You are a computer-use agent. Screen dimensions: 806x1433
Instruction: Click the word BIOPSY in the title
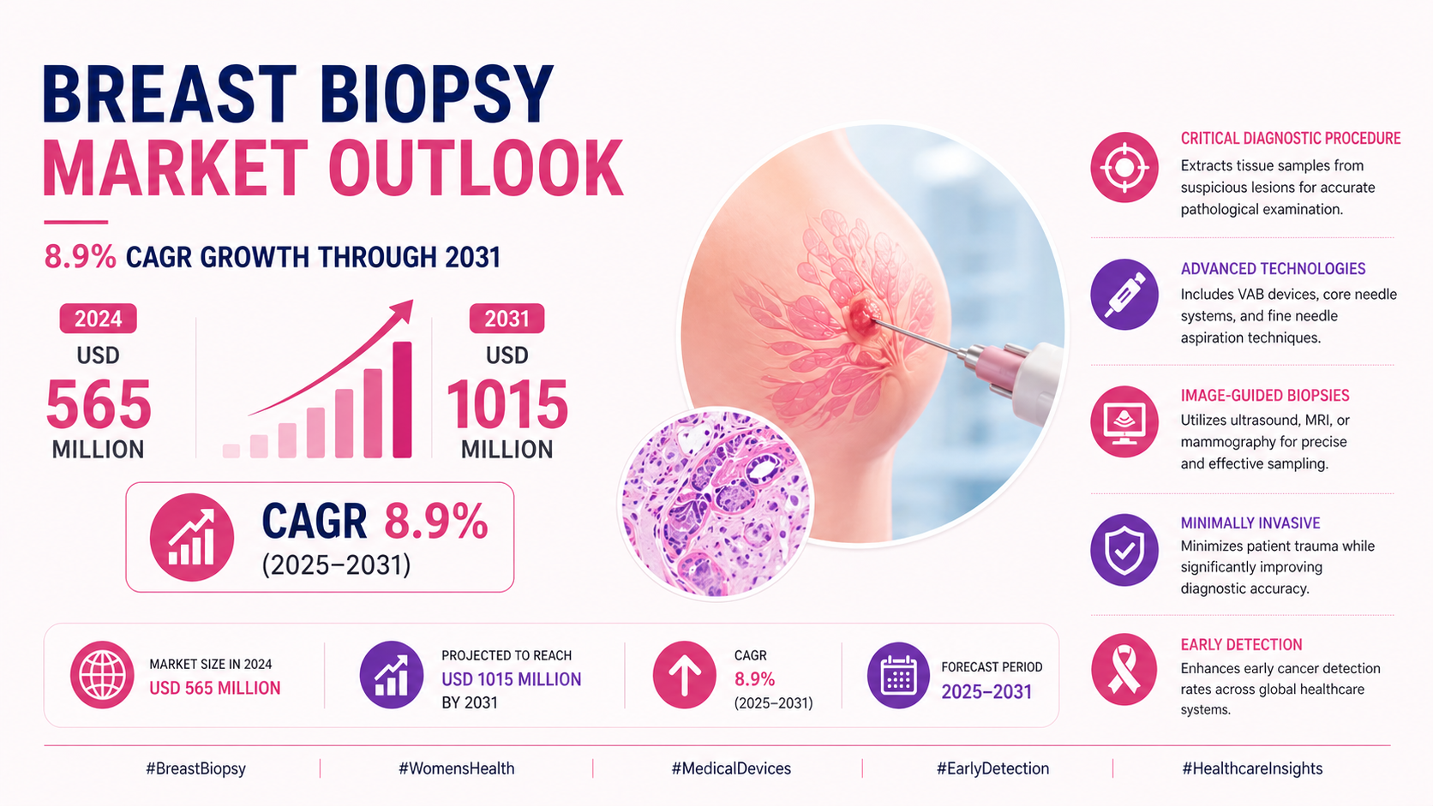coord(437,93)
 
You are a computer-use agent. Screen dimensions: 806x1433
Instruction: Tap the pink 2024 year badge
coord(98,319)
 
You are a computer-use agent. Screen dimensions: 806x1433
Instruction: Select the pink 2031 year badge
coord(507,319)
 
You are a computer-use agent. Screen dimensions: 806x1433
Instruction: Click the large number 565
coord(99,404)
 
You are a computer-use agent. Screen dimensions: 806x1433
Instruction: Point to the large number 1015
coord(507,404)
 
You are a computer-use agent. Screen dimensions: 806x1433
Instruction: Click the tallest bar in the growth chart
coord(402,399)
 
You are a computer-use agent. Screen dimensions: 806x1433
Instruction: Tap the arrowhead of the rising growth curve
coord(403,309)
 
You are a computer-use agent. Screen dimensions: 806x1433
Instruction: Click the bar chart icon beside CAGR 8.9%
coord(192,537)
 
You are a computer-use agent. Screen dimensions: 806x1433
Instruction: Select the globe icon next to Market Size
coord(102,675)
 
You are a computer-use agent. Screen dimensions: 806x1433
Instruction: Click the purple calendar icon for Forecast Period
coord(898,675)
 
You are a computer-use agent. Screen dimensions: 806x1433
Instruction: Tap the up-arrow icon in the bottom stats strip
coord(684,675)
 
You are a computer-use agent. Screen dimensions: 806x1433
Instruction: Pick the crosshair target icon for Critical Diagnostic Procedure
coord(1124,167)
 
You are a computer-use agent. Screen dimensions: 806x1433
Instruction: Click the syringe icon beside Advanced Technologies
coord(1124,294)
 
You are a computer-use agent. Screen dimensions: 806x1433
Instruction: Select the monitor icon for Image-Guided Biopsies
coord(1124,421)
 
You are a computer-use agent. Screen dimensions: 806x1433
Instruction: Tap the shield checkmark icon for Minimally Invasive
coord(1124,550)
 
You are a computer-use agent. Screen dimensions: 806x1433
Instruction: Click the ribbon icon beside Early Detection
coord(1124,669)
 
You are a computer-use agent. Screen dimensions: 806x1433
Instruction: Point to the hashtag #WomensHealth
coord(457,768)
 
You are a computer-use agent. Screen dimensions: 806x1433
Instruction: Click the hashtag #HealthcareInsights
coord(1252,768)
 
